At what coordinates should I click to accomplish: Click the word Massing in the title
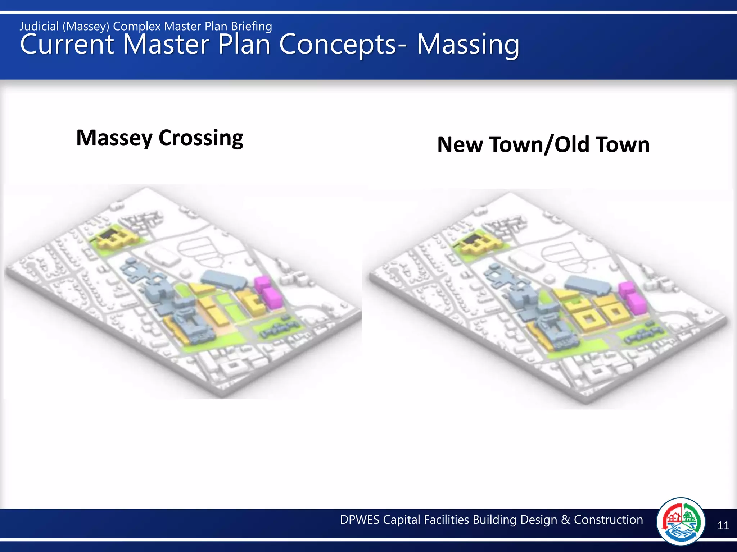[x=468, y=45]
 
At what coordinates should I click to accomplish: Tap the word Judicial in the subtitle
[x=39, y=26]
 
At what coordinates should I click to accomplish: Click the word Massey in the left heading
[x=114, y=138]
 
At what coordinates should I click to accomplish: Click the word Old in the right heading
[x=572, y=144]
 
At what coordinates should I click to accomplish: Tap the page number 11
[x=723, y=526]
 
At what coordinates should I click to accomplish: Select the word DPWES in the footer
[x=360, y=520]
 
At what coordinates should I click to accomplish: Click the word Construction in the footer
[x=608, y=520]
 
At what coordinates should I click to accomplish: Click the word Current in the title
[x=67, y=45]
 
